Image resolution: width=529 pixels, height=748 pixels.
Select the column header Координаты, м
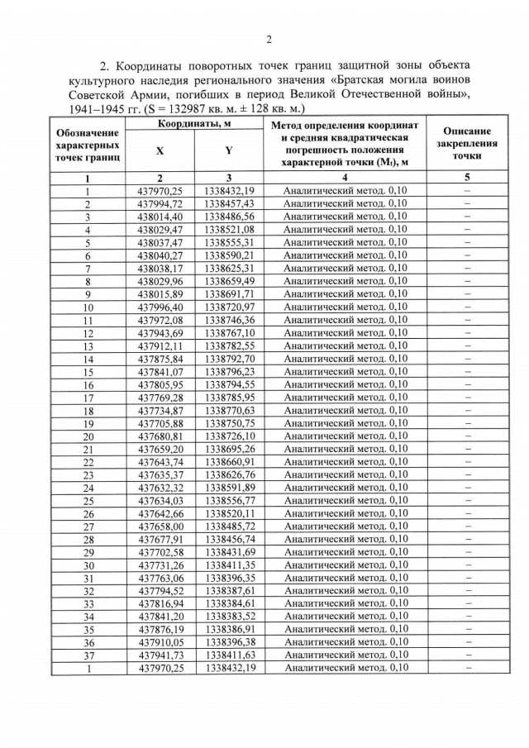coord(194,123)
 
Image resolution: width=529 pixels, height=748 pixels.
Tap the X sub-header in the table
coord(160,150)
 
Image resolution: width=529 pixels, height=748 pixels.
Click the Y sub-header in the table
coord(228,150)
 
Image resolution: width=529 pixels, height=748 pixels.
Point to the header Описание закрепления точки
coord(467,143)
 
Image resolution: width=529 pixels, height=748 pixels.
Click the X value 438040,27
coord(160,255)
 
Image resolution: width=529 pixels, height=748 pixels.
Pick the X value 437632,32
coord(160,488)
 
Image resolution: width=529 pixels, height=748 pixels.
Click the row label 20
coord(87,436)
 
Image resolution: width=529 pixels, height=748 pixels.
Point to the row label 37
coord(87,655)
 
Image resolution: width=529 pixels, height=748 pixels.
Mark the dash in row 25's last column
coord(467,500)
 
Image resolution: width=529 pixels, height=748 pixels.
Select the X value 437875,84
coord(160,359)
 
